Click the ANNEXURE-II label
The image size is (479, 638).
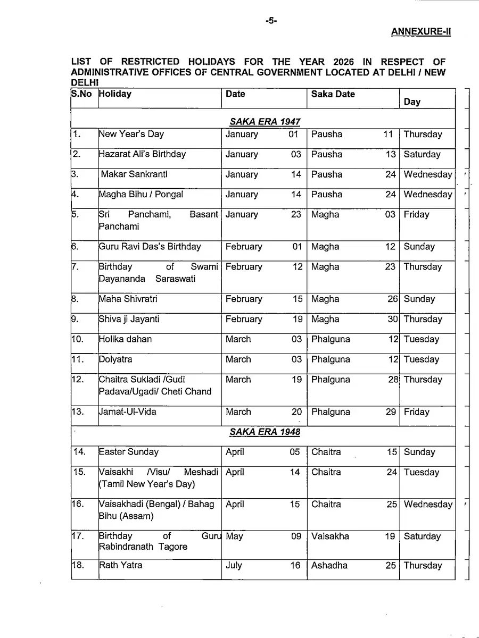tap(421, 31)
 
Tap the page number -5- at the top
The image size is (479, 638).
tap(271, 21)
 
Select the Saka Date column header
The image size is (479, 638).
tap(333, 94)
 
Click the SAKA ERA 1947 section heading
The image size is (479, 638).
tap(265, 122)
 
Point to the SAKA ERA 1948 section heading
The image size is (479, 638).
tap(265, 432)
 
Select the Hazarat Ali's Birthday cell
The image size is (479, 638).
tap(143, 154)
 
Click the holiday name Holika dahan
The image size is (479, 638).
tap(126, 339)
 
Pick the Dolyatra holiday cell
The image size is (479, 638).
tap(116, 359)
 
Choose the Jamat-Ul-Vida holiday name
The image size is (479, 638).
tap(128, 412)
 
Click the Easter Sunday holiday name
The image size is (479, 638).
tap(129, 452)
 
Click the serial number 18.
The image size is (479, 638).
tap(79, 565)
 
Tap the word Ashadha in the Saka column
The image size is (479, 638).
tap(329, 566)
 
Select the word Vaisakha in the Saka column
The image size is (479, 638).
tap(331, 536)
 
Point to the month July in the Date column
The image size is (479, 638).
tap(234, 566)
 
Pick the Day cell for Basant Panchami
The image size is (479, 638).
tap(416, 215)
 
